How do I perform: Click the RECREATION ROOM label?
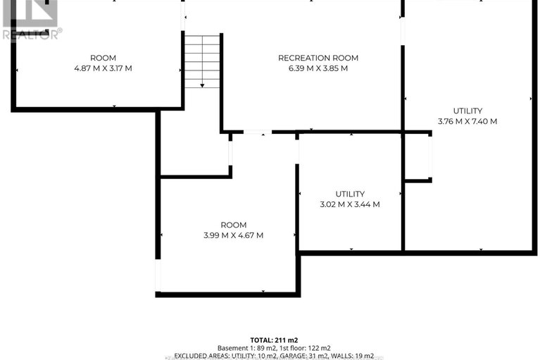(318, 58)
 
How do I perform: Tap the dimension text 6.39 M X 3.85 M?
(318, 68)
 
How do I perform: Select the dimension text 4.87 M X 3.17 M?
(103, 68)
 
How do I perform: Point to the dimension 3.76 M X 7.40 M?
(467, 121)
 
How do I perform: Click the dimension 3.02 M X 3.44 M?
(350, 204)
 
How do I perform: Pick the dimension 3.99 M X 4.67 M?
(234, 235)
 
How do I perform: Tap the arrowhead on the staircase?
(202, 85)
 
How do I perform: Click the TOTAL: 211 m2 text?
(274, 340)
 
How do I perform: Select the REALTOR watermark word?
(30, 35)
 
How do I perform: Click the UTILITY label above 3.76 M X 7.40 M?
(467, 111)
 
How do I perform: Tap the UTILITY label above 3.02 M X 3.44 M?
(350, 194)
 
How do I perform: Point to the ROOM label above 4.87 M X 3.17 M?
(103, 58)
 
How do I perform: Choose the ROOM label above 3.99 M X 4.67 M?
(234, 225)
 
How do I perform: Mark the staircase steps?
(202, 61)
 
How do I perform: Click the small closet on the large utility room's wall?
(417, 156)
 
